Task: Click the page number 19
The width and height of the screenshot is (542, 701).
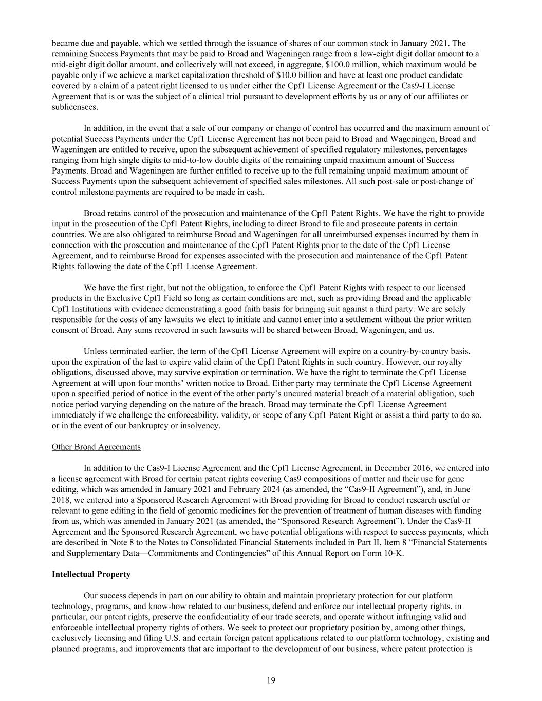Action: point(271,680)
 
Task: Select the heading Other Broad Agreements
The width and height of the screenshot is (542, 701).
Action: point(96,447)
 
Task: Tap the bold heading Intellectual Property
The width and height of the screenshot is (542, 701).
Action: point(91,574)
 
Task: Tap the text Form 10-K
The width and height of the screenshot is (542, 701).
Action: point(385,553)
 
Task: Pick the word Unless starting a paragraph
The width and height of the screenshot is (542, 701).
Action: point(96,351)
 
